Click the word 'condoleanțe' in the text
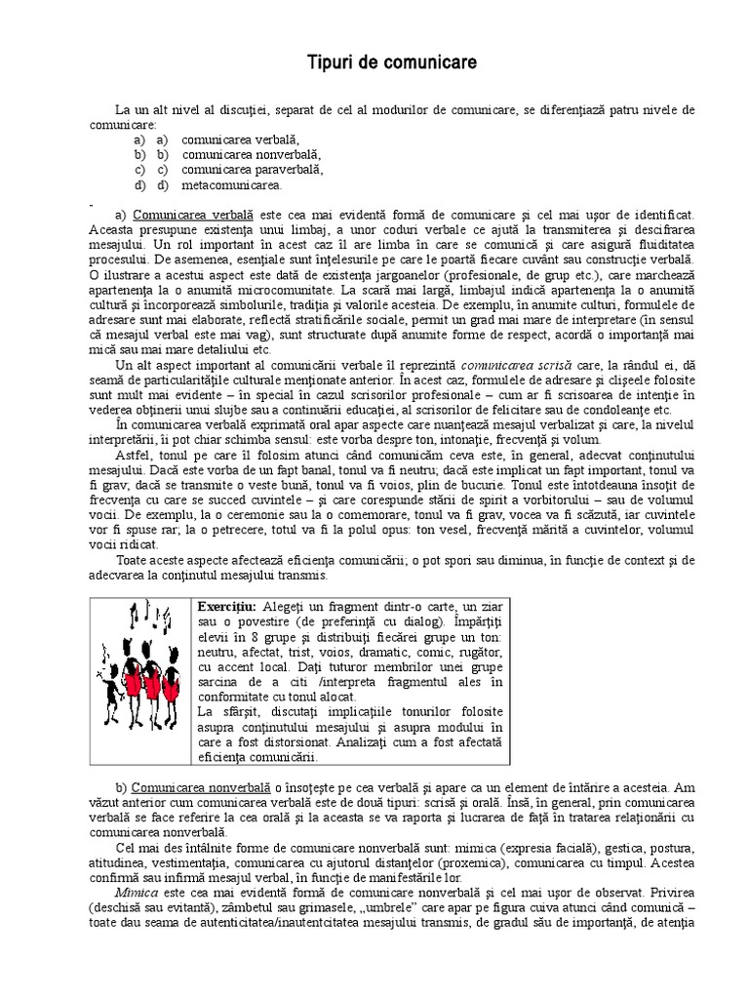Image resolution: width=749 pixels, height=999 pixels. pos(611,410)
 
